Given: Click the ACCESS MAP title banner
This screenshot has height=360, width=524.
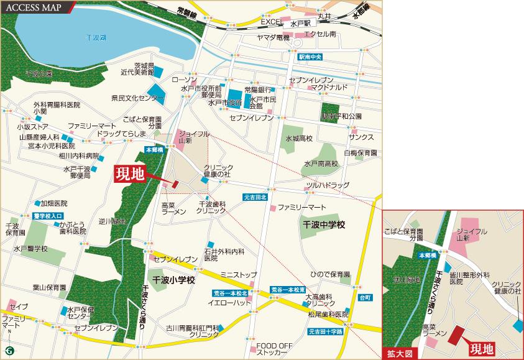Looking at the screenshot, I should pos(36,7).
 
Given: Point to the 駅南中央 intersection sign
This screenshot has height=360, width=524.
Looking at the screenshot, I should pos(310,57).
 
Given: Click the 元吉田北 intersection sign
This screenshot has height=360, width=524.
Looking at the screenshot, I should pos(255,197).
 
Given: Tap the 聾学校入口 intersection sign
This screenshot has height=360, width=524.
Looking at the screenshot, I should pos(48,215).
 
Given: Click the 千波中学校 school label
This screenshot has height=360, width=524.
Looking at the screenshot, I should pos(323,224).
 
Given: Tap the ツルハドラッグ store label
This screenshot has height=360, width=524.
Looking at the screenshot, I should pos(328,185).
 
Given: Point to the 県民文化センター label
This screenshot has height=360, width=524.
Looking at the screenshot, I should pos(137,98).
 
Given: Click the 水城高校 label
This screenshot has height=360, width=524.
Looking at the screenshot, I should pos(299,138).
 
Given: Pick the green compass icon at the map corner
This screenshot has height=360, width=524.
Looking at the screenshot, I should pos(9,351).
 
